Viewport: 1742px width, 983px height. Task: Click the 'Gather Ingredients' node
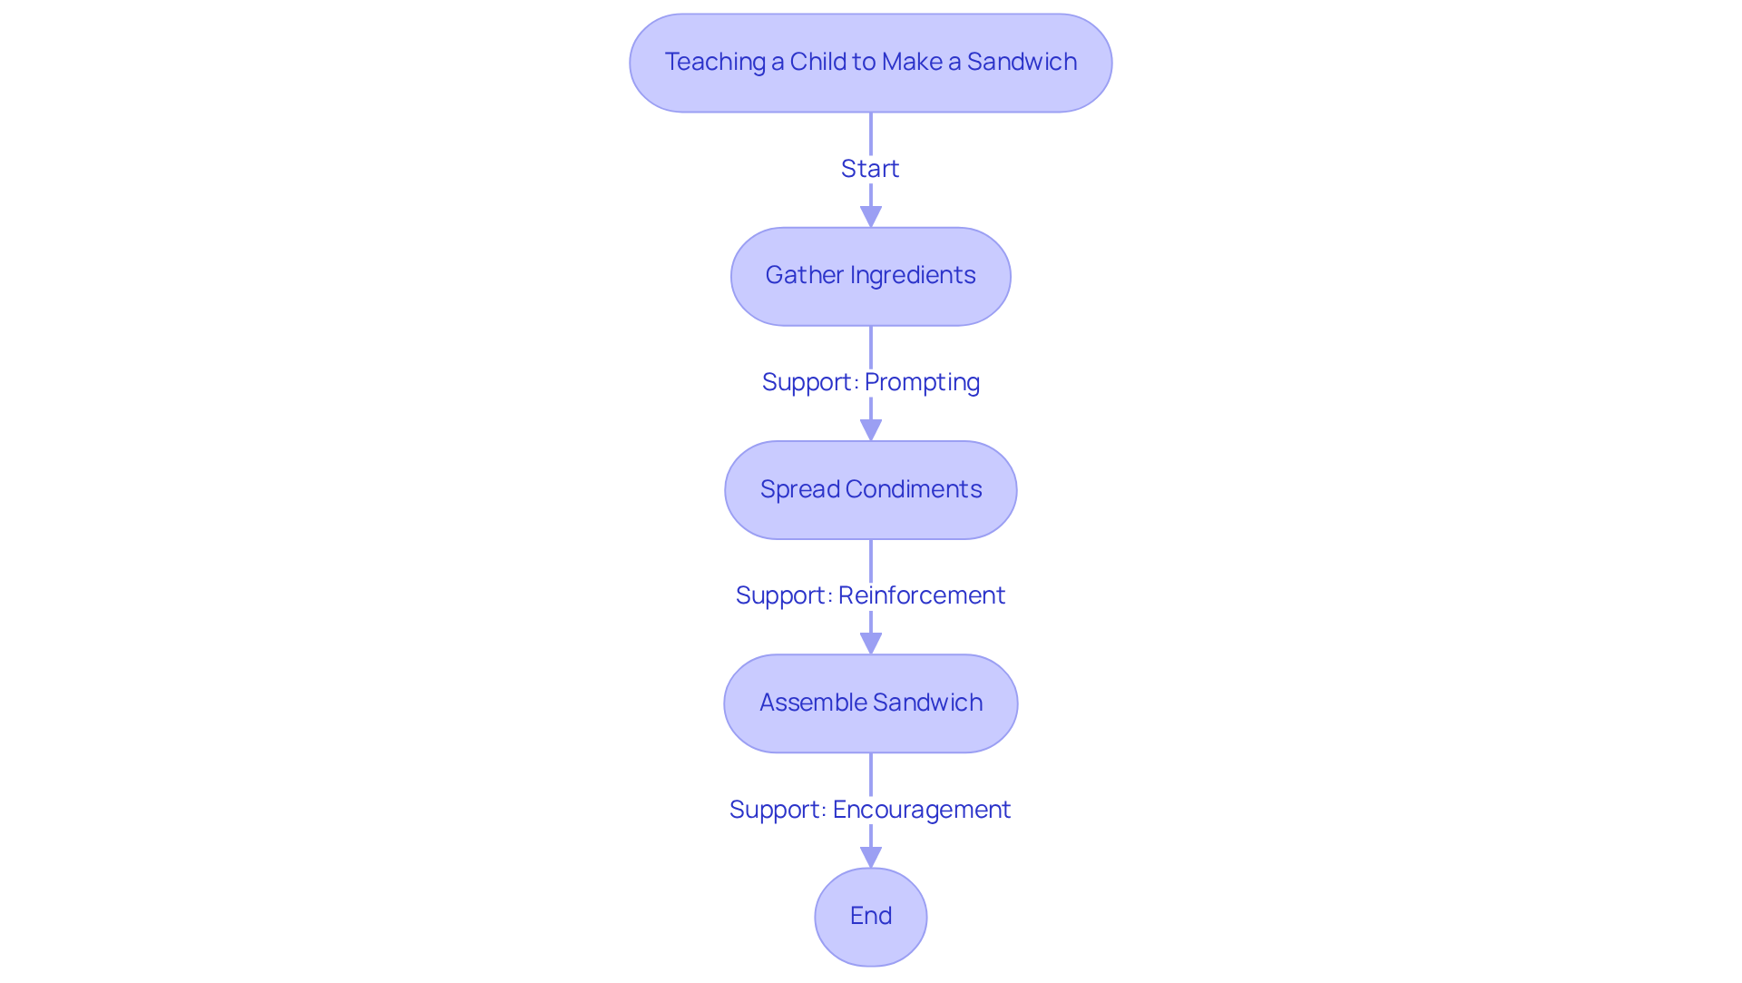pyautogui.click(x=870, y=276)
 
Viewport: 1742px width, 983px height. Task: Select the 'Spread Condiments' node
pyautogui.click(x=870, y=490)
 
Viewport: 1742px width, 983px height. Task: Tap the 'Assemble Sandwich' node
pyautogui.click(x=870, y=703)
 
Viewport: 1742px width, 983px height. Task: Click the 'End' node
pyautogui.click(x=870, y=917)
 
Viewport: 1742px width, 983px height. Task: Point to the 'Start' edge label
pyautogui.click(x=870, y=169)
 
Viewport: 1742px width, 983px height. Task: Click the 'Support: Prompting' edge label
pyautogui.click(x=870, y=382)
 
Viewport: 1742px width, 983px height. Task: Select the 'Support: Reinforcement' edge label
pyautogui.click(x=870, y=595)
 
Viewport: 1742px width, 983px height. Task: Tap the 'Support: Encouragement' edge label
pyautogui.click(x=870, y=810)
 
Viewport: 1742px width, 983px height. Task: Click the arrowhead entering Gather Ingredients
pyautogui.click(x=870, y=217)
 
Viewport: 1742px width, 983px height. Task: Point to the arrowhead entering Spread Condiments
pyautogui.click(x=870, y=430)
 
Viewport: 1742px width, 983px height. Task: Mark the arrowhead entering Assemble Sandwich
pyautogui.click(x=870, y=644)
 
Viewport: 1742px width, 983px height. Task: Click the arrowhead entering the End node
pyautogui.click(x=870, y=858)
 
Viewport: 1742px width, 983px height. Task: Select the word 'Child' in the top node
pyautogui.click(x=819, y=62)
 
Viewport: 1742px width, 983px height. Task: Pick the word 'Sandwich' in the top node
pyautogui.click(x=1022, y=62)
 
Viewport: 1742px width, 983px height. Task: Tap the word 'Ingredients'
pyautogui.click(x=913, y=275)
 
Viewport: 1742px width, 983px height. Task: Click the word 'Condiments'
pyautogui.click(x=914, y=489)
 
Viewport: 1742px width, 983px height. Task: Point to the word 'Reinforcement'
pyautogui.click(x=922, y=595)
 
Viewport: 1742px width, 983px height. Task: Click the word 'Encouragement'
pyautogui.click(x=922, y=810)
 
